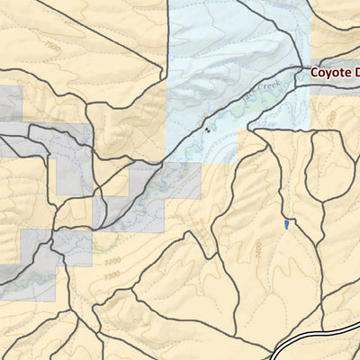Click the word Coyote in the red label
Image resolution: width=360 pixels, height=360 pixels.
click(x=330, y=72)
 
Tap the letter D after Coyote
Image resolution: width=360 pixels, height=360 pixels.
click(x=355, y=72)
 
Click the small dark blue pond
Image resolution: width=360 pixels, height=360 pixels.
click(x=285, y=222)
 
